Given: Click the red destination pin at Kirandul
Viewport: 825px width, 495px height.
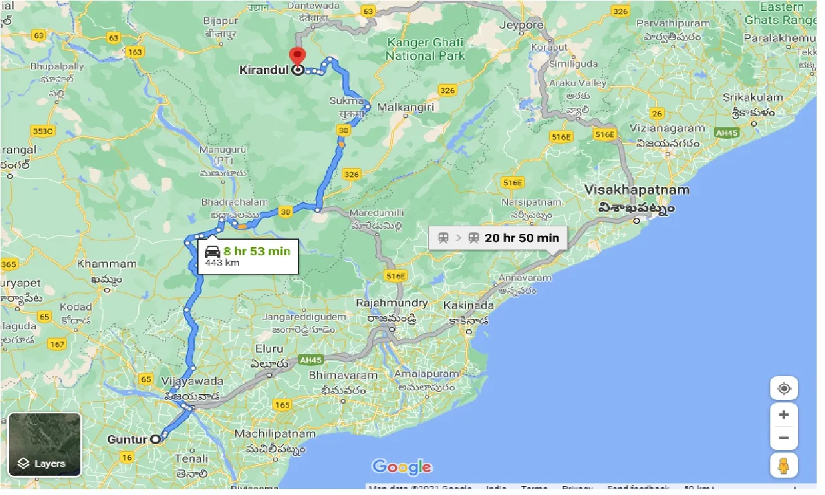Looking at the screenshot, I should (297, 56).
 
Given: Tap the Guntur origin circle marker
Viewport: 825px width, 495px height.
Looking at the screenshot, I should (155, 439).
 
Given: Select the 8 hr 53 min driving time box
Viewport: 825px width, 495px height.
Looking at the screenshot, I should (247, 256).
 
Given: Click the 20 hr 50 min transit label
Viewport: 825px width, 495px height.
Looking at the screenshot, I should (498, 237).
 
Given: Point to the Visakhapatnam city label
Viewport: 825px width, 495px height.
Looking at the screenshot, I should (636, 190).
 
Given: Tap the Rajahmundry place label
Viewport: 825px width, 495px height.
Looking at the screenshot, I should (393, 303).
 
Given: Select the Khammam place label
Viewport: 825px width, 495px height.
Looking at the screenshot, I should (107, 264).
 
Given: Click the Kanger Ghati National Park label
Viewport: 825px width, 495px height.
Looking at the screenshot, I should (425, 49).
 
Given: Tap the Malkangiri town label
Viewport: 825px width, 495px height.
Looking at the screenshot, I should (405, 107).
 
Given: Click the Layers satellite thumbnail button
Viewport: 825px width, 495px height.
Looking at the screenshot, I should (45, 444).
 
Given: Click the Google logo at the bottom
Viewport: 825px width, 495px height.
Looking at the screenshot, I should (402, 467).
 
